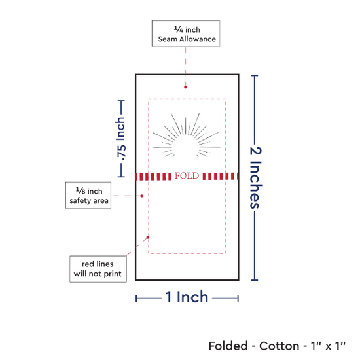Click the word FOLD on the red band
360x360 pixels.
[187, 176]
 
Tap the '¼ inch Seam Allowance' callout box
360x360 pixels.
[186, 34]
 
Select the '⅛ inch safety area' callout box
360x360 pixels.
[88, 196]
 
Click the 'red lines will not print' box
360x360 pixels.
[98, 269]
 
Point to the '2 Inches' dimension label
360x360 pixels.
[255, 177]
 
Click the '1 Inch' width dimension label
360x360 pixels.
[187, 297]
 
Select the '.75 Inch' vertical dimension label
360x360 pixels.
[120, 139]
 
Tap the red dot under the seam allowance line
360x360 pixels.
[185, 87]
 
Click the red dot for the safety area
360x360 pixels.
[142, 196]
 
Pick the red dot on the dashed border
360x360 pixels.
[148, 237]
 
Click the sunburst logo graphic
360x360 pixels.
[186, 136]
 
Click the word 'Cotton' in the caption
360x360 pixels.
[279, 346]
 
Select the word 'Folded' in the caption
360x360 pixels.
[228, 346]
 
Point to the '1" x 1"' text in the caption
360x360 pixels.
[328, 346]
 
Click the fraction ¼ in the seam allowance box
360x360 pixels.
[179, 29]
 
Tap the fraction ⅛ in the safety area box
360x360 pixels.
[81, 190]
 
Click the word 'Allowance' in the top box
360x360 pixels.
[198, 39]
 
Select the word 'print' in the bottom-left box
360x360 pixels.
[113, 274]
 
